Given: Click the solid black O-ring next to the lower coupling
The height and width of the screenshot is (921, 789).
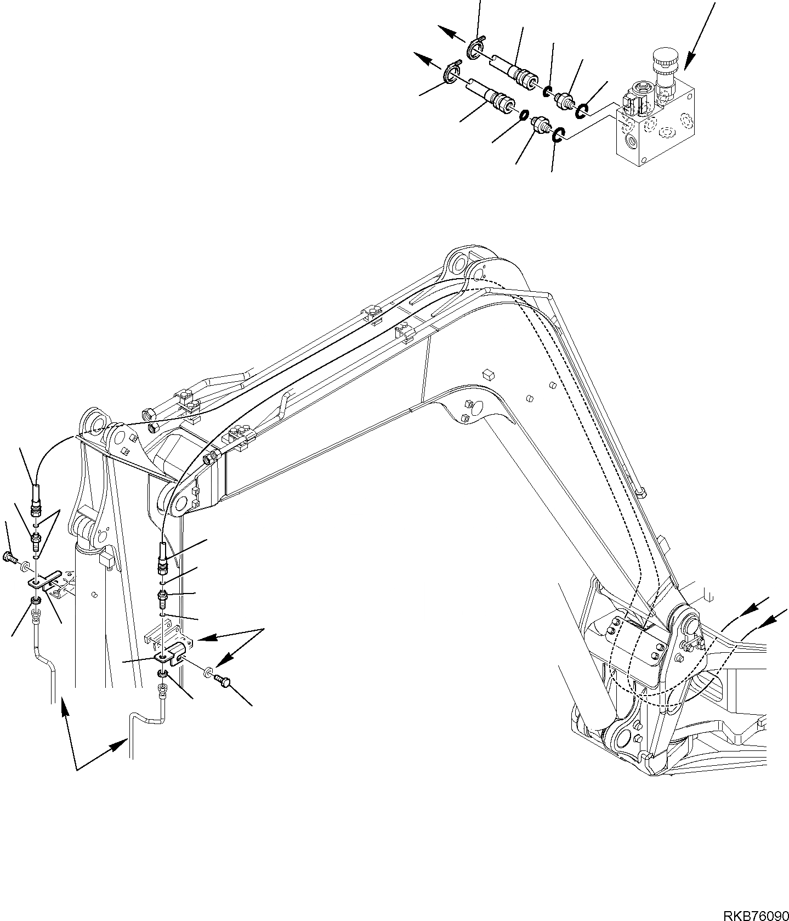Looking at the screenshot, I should pos(523,115).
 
